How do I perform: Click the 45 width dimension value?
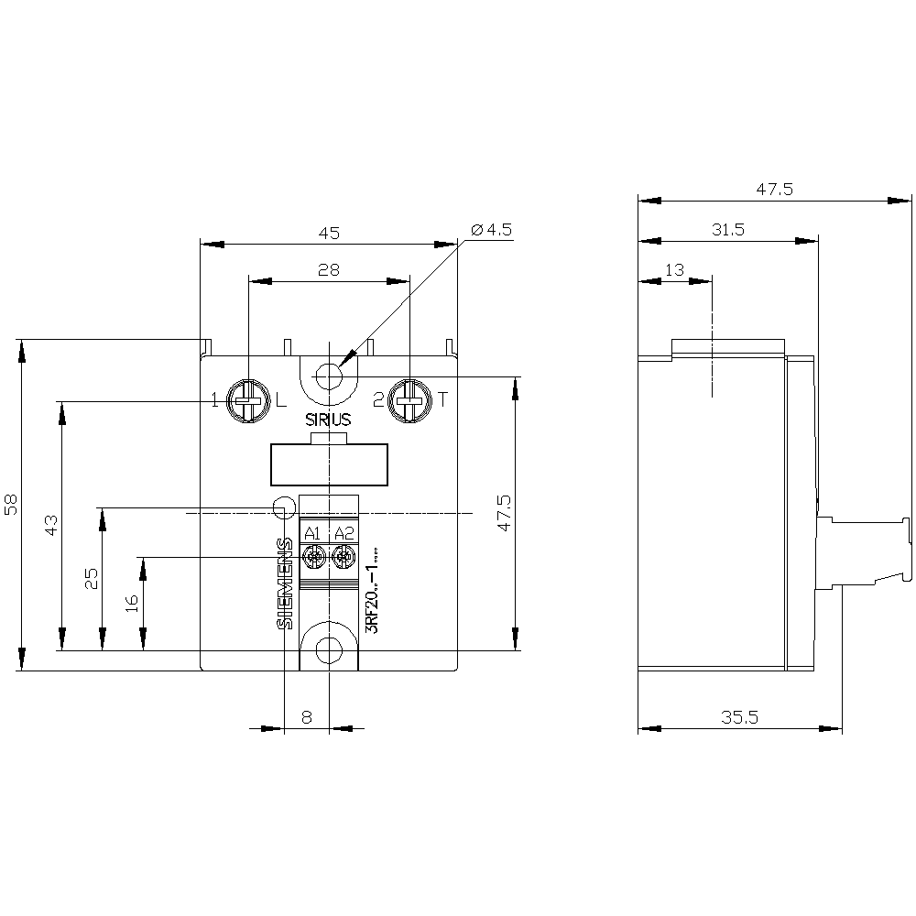pos(329,233)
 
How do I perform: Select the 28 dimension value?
pos(329,270)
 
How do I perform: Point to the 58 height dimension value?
pos(11,505)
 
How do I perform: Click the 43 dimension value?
pos(51,525)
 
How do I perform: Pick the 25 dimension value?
pos(92,578)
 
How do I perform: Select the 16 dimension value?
pos(132,602)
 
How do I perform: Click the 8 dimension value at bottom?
pos(307,718)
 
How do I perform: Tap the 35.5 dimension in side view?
pos(739,718)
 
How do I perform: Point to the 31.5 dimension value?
pos(728,230)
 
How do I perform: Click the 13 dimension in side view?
pos(675,269)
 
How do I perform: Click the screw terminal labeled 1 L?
pos(246,400)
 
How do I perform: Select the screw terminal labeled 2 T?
pos(409,400)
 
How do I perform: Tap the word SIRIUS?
pos(328,421)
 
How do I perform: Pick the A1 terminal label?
pos(312,534)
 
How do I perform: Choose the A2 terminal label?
pos(343,534)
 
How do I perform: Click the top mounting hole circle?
pos(328,376)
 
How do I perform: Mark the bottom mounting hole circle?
pos(328,649)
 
